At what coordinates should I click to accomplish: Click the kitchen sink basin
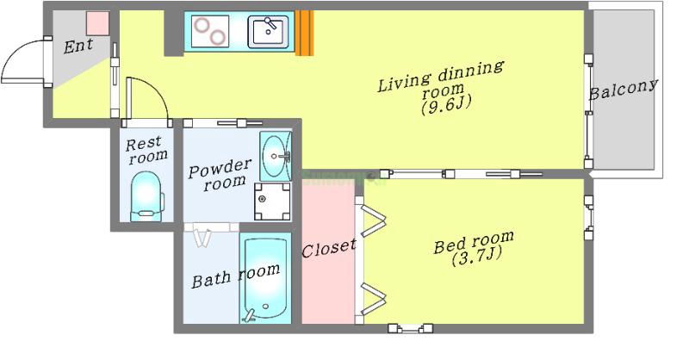pyautogui.click(x=268, y=32)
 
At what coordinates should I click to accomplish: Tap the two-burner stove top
pyautogui.click(x=210, y=31)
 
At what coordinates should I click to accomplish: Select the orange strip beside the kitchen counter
pyautogui.click(x=304, y=33)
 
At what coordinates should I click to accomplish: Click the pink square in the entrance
pyautogui.click(x=97, y=23)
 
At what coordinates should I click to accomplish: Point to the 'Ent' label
pyautogui.click(x=78, y=46)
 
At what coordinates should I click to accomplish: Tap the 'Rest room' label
pyautogui.click(x=146, y=150)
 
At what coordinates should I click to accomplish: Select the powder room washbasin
pyautogui.click(x=276, y=156)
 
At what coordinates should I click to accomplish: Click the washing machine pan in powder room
pyautogui.click(x=272, y=202)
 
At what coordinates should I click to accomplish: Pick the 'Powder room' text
pyautogui.click(x=220, y=174)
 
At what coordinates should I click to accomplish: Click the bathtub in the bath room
pyautogui.click(x=265, y=278)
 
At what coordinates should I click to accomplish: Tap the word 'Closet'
pyautogui.click(x=328, y=248)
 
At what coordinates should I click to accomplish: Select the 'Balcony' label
pyautogui.click(x=623, y=90)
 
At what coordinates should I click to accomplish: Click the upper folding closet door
pyautogui.click(x=371, y=218)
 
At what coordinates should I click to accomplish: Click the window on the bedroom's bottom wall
pyautogui.click(x=411, y=328)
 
